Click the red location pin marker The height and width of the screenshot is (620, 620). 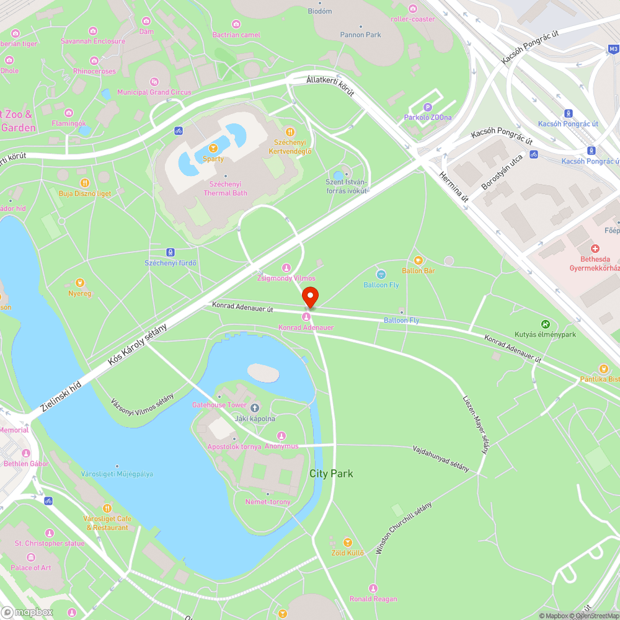pyautogui.click(x=310, y=297)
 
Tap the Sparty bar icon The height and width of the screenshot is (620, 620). pyautogui.click(x=213, y=148)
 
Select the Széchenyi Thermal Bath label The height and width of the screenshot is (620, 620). pyautogui.click(x=225, y=188)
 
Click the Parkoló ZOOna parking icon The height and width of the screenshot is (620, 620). pyautogui.click(x=427, y=107)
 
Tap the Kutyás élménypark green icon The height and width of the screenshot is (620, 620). pyautogui.click(x=545, y=324)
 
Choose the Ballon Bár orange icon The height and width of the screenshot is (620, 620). pyautogui.click(x=418, y=260)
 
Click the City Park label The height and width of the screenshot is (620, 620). pyautogui.click(x=331, y=474)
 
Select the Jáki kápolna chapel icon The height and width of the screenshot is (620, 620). pyautogui.click(x=255, y=407)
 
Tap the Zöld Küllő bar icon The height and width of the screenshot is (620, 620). pyautogui.click(x=347, y=542)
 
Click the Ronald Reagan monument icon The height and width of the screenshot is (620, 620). pyautogui.click(x=373, y=588)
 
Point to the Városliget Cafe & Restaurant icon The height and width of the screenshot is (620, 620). pyautogui.click(x=107, y=508)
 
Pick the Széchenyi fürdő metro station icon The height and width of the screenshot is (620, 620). pyautogui.click(x=170, y=252)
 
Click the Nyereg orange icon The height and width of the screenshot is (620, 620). pyautogui.click(x=79, y=283)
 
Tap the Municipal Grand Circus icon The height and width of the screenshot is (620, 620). pyautogui.click(x=154, y=81)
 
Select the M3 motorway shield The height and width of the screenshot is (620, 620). pyautogui.click(x=613, y=48)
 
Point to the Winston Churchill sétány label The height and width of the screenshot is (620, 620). pyautogui.click(x=403, y=528)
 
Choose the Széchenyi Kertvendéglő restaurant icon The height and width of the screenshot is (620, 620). pyautogui.click(x=290, y=131)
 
